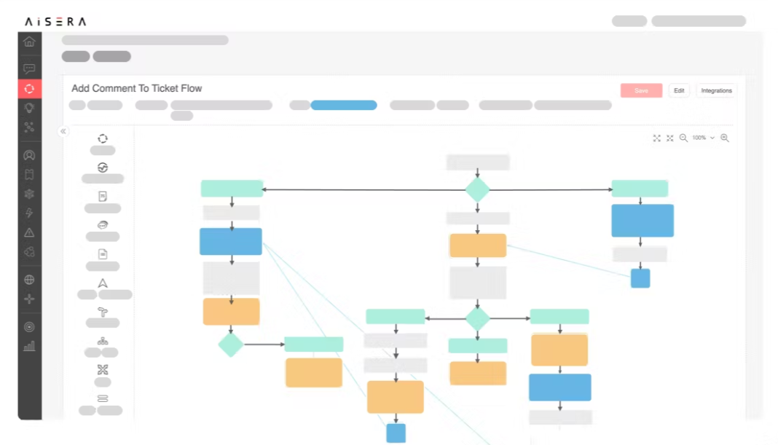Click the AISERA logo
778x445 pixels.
(55, 22)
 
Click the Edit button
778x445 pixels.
(679, 90)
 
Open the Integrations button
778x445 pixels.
(716, 90)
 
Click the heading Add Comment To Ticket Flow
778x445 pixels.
(136, 88)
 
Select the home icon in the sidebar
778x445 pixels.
(29, 42)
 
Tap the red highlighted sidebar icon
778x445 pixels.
(29, 89)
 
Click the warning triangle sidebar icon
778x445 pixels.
(29, 232)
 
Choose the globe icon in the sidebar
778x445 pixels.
(29, 280)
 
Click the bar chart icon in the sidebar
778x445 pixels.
(29, 346)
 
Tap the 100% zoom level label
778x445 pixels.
(699, 138)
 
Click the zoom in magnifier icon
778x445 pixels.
(725, 138)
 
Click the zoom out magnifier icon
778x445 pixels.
(683, 138)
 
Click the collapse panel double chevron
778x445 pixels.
(63, 131)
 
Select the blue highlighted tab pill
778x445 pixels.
(344, 105)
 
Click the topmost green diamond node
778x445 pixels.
(477, 189)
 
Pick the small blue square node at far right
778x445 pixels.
(640, 278)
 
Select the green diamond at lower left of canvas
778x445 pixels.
(230, 344)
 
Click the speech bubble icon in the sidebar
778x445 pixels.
(29, 69)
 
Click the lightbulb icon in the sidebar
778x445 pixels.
(29, 108)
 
